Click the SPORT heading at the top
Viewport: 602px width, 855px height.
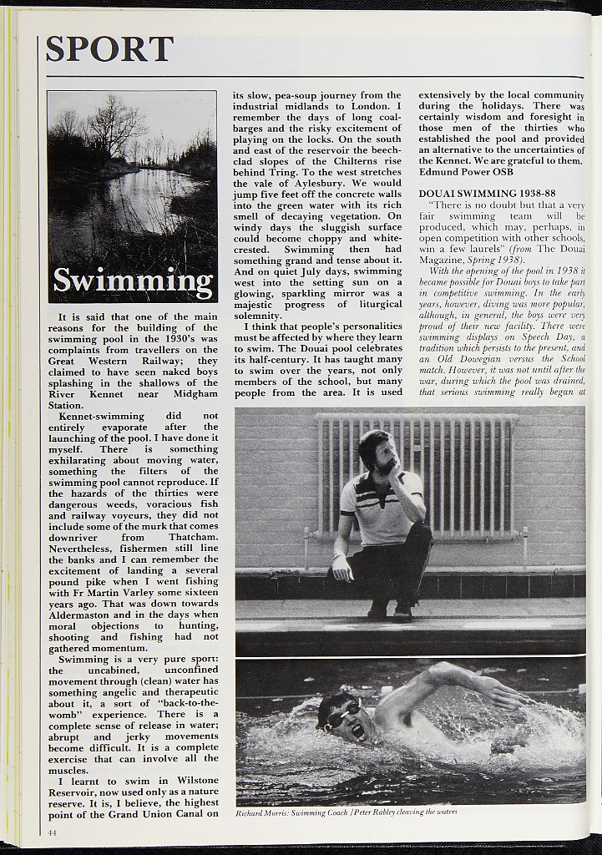(x=109, y=50)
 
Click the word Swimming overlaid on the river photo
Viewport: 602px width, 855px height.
(x=133, y=281)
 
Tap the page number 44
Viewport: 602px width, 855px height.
(x=52, y=832)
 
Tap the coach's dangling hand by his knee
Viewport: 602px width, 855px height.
(x=341, y=569)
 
